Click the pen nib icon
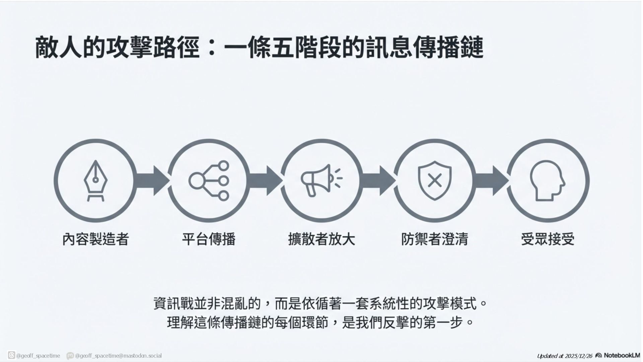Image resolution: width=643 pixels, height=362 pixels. tap(95, 181)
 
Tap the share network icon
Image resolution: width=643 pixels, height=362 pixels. tap(209, 181)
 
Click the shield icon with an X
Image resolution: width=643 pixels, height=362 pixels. tap(435, 181)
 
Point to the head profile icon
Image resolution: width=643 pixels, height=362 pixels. tap(547, 181)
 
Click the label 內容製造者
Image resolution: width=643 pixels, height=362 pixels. tap(95, 239)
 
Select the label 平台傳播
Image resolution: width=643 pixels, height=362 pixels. tap(209, 239)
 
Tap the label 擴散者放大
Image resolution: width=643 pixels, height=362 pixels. tap(321, 239)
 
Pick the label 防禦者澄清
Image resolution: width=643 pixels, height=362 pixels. tap(435, 239)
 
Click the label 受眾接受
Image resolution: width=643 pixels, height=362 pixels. tap(548, 239)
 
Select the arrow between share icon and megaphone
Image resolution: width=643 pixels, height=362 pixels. tap(265, 181)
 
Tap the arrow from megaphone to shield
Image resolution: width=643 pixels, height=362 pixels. tap(378, 181)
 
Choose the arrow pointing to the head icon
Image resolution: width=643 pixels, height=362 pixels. tap(491, 181)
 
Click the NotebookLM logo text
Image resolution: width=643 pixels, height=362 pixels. tap(622, 355)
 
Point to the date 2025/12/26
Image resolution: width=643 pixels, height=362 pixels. tap(578, 356)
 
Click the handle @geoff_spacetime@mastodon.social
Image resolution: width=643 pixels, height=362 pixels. tap(118, 356)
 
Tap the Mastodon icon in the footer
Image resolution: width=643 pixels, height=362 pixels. tap(70, 356)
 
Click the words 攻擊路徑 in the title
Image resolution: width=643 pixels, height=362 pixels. tap(152, 48)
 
